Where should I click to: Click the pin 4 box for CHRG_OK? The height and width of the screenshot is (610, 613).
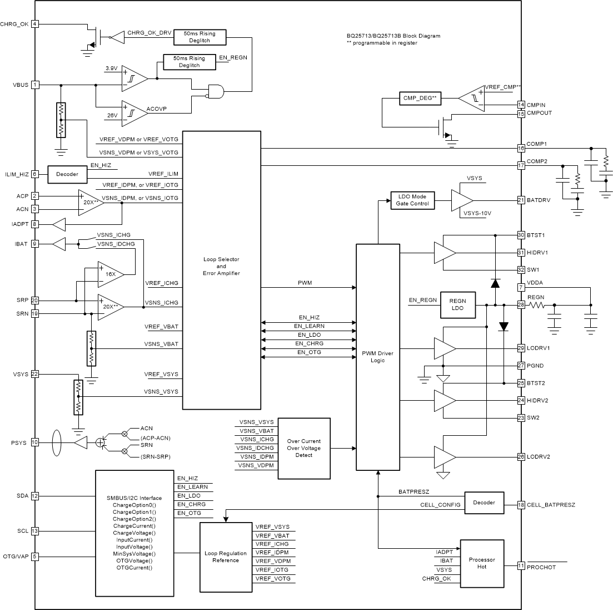[x=35, y=24]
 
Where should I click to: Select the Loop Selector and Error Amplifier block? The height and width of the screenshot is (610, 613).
[x=221, y=270]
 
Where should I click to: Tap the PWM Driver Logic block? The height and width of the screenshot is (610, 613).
[x=377, y=356]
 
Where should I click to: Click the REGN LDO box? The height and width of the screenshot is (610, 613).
[x=458, y=305]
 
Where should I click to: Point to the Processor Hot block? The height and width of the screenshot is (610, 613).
[x=482, y=563]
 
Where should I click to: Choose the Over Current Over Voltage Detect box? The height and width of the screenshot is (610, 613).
[x=304, y=448]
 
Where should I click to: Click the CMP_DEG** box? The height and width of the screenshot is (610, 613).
[x=418, y=98]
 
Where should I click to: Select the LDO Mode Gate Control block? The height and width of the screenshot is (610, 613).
[x=413, y=200]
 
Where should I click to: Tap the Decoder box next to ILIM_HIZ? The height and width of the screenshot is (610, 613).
[x=67, y=174]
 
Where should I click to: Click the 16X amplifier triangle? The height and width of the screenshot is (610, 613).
[x=110, y=274]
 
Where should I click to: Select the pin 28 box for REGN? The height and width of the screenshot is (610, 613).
[x=521, y=305]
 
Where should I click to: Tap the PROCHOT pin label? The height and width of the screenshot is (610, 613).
[x=542, y=567]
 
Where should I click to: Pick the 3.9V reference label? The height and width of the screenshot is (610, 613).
[x=112, y=68]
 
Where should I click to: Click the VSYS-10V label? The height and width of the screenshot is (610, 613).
[x=476, y=213]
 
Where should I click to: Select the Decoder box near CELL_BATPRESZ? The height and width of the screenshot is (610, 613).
[x=484, y=502]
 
